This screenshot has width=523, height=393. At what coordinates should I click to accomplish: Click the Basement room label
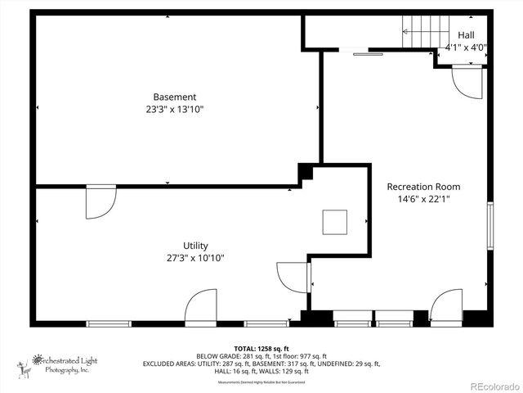click(x=175, y=97)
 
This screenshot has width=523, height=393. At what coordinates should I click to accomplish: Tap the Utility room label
click(x=195, y=246)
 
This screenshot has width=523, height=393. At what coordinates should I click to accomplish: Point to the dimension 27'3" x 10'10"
click(x=195, y=258)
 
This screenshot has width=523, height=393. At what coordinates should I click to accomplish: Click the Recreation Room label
click(x=423, y=186)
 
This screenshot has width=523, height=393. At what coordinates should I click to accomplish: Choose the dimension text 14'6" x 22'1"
click(x=423, y=199)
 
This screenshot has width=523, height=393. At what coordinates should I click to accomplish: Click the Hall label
click(x=466, y=35)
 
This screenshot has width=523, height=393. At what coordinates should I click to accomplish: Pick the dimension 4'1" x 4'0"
click(x=466, y=47)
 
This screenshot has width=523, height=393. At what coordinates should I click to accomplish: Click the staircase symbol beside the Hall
click(x=422, y=33)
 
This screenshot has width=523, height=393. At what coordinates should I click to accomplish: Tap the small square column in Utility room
click(x=335, y=221)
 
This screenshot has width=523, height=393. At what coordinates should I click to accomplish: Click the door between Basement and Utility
click(x=100, y=201)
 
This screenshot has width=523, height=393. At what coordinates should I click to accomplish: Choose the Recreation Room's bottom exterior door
click(x=445, y=305)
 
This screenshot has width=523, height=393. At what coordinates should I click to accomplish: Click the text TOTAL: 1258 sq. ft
click(x=261, y=347)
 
